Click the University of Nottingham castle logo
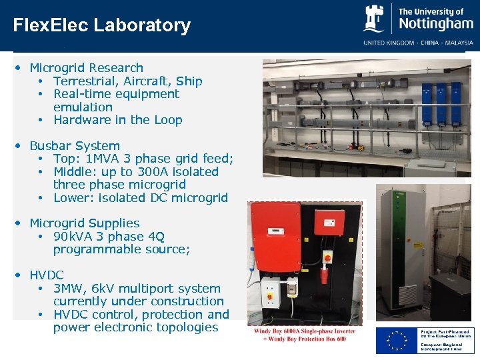point(374,19)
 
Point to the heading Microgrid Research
point(86,68)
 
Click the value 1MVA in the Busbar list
point(103,159)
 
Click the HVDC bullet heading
point(47,275)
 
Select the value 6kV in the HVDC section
point(103,289)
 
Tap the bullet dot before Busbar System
point(22,146)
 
